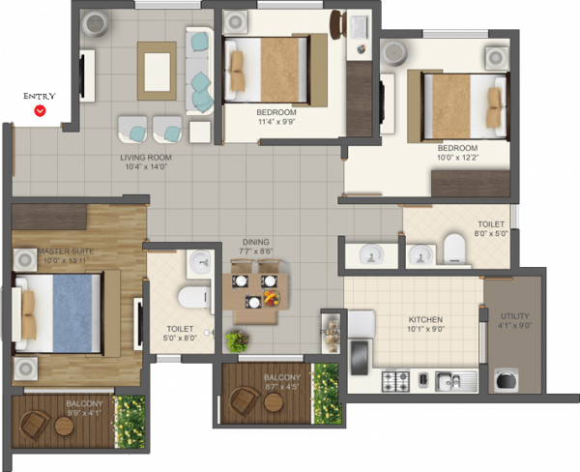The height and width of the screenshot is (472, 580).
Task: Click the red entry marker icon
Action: (x=40, y=111)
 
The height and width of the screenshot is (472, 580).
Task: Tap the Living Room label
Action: (x=146, y=157)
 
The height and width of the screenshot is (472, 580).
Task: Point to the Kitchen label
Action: (x=425, y=319)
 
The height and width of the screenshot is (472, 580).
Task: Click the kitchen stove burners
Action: (x=397, y=380)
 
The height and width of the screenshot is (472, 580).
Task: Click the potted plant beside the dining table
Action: (x=236, y=340)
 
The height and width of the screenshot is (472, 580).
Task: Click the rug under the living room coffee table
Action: (x=157, y=71)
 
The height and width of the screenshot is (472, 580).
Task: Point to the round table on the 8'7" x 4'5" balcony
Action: (x=273, y=402)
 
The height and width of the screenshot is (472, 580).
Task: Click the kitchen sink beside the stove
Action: (x=449, y=381)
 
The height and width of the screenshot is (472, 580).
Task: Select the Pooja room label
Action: (x=328, y=333)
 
